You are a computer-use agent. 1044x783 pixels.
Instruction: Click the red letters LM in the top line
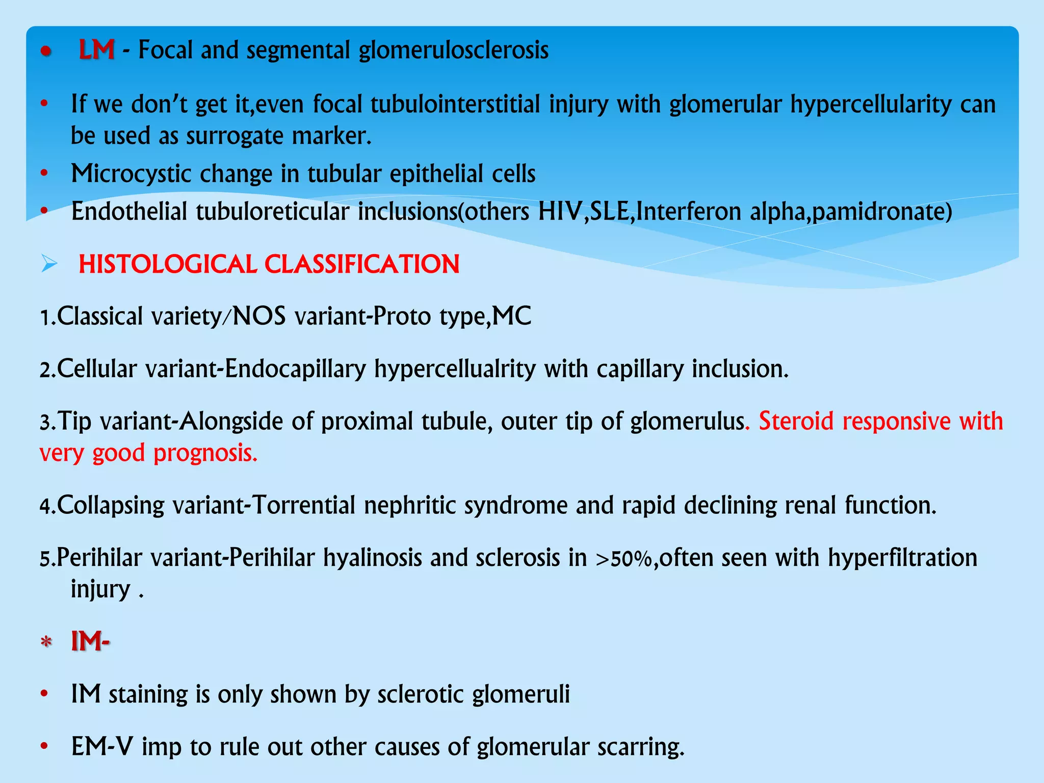(x=96, y=50)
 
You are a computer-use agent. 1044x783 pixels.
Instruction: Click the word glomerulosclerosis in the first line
(x=453, y=50)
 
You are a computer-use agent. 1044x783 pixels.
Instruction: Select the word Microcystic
(x=130, y=174)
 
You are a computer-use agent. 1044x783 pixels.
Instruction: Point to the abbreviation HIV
(x=559, y=212)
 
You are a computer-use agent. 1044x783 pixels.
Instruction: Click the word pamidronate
(x=882, y=212)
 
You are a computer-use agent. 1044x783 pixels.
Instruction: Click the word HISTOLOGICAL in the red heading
(x=168, y=265)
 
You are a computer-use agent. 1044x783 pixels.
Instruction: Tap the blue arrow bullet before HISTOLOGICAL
(x=49, y=264)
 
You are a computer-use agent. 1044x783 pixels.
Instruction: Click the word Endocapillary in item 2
(x=295, y=369)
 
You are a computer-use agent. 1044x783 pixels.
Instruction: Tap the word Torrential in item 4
(x=303, y=506)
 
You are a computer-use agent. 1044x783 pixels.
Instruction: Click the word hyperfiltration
(x=902, y=558)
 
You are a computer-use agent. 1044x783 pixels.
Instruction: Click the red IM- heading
(x=90, y=641)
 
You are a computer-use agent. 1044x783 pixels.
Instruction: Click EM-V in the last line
(x=102, y=747)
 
